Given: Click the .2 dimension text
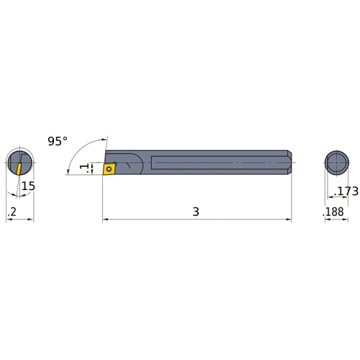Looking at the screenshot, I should tap(12, 212).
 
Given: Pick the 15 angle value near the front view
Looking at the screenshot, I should tap(27, 186).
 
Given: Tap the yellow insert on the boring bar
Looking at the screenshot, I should tap(109, 170).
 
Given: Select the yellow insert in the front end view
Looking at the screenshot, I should tap(16, 167).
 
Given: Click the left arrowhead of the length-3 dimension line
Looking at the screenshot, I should tap(105, 219).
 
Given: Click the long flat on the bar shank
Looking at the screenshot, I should tap(216, 162).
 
